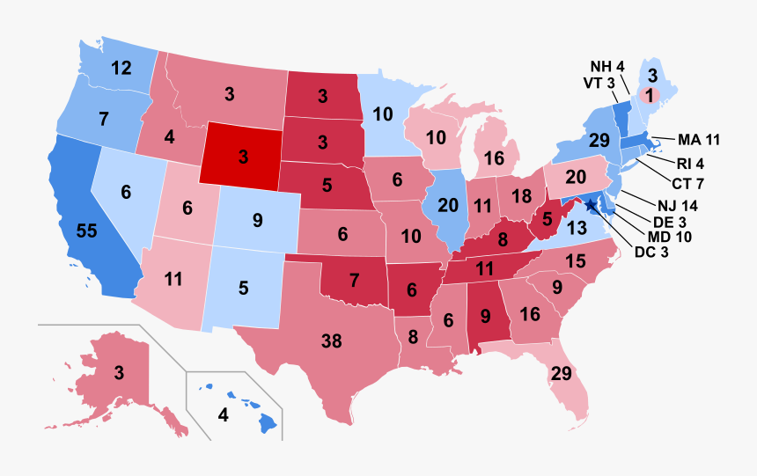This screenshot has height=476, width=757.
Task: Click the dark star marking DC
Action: tap(590, 207)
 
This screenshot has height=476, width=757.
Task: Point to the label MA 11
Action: tap(700, 139)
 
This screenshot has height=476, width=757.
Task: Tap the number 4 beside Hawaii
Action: tap(224, 415)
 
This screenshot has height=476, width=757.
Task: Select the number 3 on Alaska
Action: tap(119, 372)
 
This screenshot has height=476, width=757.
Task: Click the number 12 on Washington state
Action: tap(121, 67)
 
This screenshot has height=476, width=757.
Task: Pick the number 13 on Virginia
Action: tap(602, 229)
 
